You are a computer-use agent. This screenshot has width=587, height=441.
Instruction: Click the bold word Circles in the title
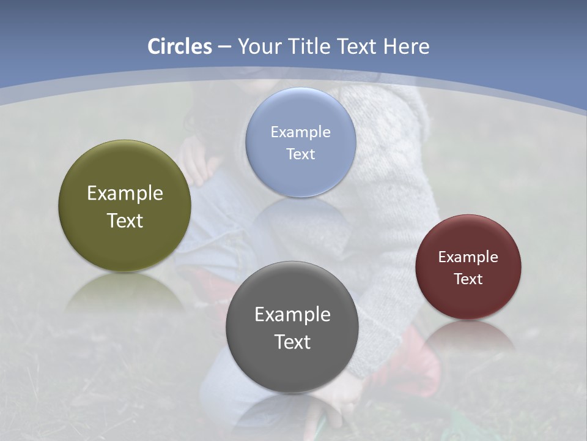point(180,47)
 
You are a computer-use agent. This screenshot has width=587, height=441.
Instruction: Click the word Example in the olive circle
point(125,194)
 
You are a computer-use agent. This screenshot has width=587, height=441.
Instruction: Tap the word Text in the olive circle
point(125,221)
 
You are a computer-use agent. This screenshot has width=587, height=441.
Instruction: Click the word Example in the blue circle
point(300,132)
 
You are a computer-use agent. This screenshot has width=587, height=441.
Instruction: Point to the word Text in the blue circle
point(300,154)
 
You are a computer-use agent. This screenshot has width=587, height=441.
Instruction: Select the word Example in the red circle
point(468,257)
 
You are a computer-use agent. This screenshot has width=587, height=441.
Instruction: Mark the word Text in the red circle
point(468,279)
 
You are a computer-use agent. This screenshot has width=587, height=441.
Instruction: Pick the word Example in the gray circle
point(292,315)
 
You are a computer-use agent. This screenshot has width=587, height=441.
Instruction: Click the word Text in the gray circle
point(292,342)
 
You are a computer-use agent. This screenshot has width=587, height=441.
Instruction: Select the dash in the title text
point(224,47)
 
